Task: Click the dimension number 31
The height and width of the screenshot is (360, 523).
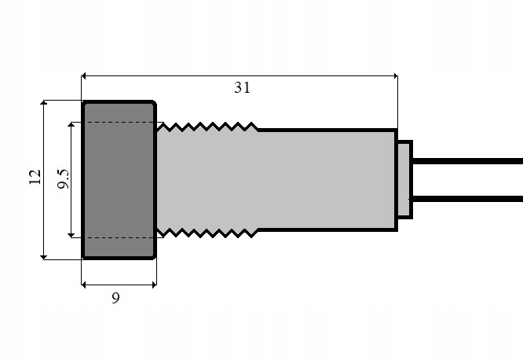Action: tap(242, 87)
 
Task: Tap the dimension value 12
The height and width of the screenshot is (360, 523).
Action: tap(35, 178)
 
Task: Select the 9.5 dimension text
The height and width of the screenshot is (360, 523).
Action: tap(64, 179)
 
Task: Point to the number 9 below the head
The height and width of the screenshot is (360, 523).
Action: tap(116, 298)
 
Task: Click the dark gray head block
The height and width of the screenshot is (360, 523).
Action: tap(119, 179)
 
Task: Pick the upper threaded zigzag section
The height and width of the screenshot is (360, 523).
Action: tap(207, 126)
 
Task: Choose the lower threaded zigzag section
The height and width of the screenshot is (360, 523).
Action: tap(207, 233)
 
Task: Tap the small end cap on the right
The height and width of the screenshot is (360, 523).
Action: tap(404, 179)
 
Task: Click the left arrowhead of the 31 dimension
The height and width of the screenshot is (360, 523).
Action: tap(86, 75)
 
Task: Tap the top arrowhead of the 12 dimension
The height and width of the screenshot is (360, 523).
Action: tap(44, 104)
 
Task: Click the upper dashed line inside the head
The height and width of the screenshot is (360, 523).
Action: tap(119, 123)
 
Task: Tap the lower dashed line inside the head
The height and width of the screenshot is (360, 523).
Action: tap(119, 237)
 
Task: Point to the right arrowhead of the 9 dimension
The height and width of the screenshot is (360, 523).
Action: tap(152, 284)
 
